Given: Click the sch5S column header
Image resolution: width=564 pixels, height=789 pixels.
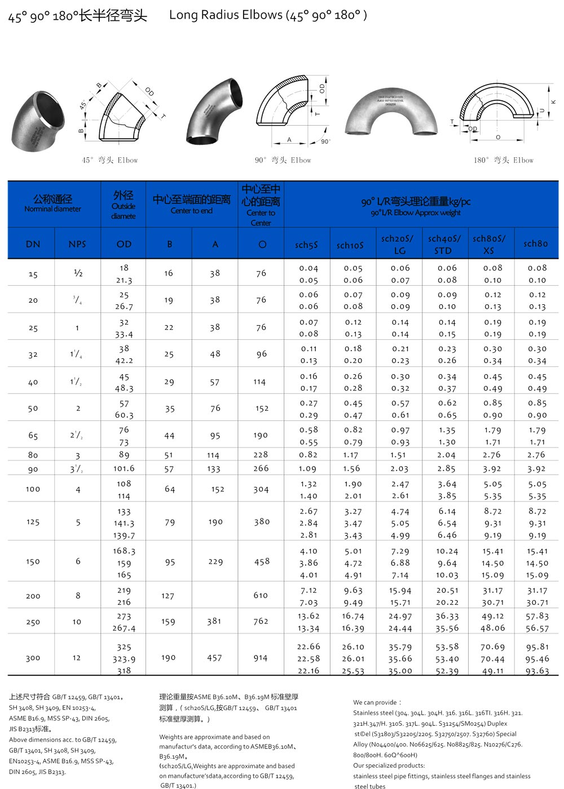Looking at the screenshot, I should pyautogui.click(x=306, y=245).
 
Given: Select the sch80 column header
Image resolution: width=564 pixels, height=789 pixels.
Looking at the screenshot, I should pyautogui.click(x=535, y=243).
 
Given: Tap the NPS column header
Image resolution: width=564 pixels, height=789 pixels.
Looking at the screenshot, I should pyautogui.click(x=77, y=244).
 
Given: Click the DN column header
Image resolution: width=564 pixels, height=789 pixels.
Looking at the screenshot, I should pyautogui.click(x=33, y=244).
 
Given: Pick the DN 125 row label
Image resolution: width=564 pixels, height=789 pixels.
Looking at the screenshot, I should pyautogui.click(x=33, y=522).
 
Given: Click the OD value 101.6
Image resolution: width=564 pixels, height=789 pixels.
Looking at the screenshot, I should pyautogui.click(x=124, y=468).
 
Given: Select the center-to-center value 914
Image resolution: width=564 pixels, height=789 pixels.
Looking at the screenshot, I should pyautogui.click(x=261, y=658).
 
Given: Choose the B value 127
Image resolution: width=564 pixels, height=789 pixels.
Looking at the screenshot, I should pyautogui.click(x=168, y=596).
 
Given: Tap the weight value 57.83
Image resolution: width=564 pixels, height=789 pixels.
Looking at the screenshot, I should pyautogui.click(x=537, y=616).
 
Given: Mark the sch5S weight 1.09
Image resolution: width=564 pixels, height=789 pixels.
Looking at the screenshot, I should pyautogui.click(x=307, y=468).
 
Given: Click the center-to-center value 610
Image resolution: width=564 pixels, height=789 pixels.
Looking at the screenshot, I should pyautogui.click(x=261, y=595).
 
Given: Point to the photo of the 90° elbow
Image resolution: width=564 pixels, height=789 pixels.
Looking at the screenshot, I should pyautogui.click(x=215, y=111).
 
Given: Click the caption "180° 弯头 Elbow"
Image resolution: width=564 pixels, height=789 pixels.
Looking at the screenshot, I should pyautogui.click(x=503, y=160).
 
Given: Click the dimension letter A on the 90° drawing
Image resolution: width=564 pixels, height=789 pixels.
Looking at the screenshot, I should pyautogui.click(x=289, y=140).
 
